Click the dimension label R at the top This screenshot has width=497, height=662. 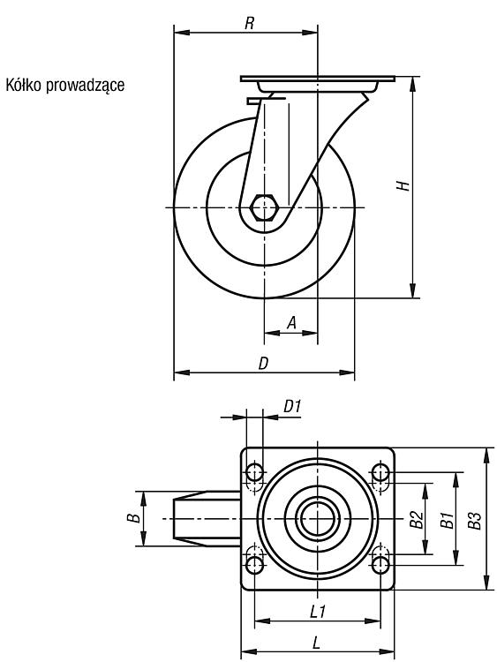point(250,23)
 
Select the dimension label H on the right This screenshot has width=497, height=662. point(403,185)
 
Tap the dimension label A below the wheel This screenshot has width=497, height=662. point(291,323)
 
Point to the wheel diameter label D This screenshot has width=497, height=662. point(263,364)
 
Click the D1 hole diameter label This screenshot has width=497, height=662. point(292,407)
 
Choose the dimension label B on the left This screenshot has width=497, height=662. point(134,517)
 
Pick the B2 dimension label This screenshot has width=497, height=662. point(418,520)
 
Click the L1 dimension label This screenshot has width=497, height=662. point(318,612)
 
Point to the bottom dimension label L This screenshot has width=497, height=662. point(316,643)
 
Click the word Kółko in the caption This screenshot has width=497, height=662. point(23,85)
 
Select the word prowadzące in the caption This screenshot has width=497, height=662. point(86,86)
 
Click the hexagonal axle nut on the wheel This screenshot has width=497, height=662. point(263,207)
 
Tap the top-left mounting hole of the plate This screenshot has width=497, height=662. point(254,472)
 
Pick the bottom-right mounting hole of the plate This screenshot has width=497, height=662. point(380,565)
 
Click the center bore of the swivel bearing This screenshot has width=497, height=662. point(318,519)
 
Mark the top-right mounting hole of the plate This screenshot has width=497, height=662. point(380,472)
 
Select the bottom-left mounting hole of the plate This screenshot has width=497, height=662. point(254,565)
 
